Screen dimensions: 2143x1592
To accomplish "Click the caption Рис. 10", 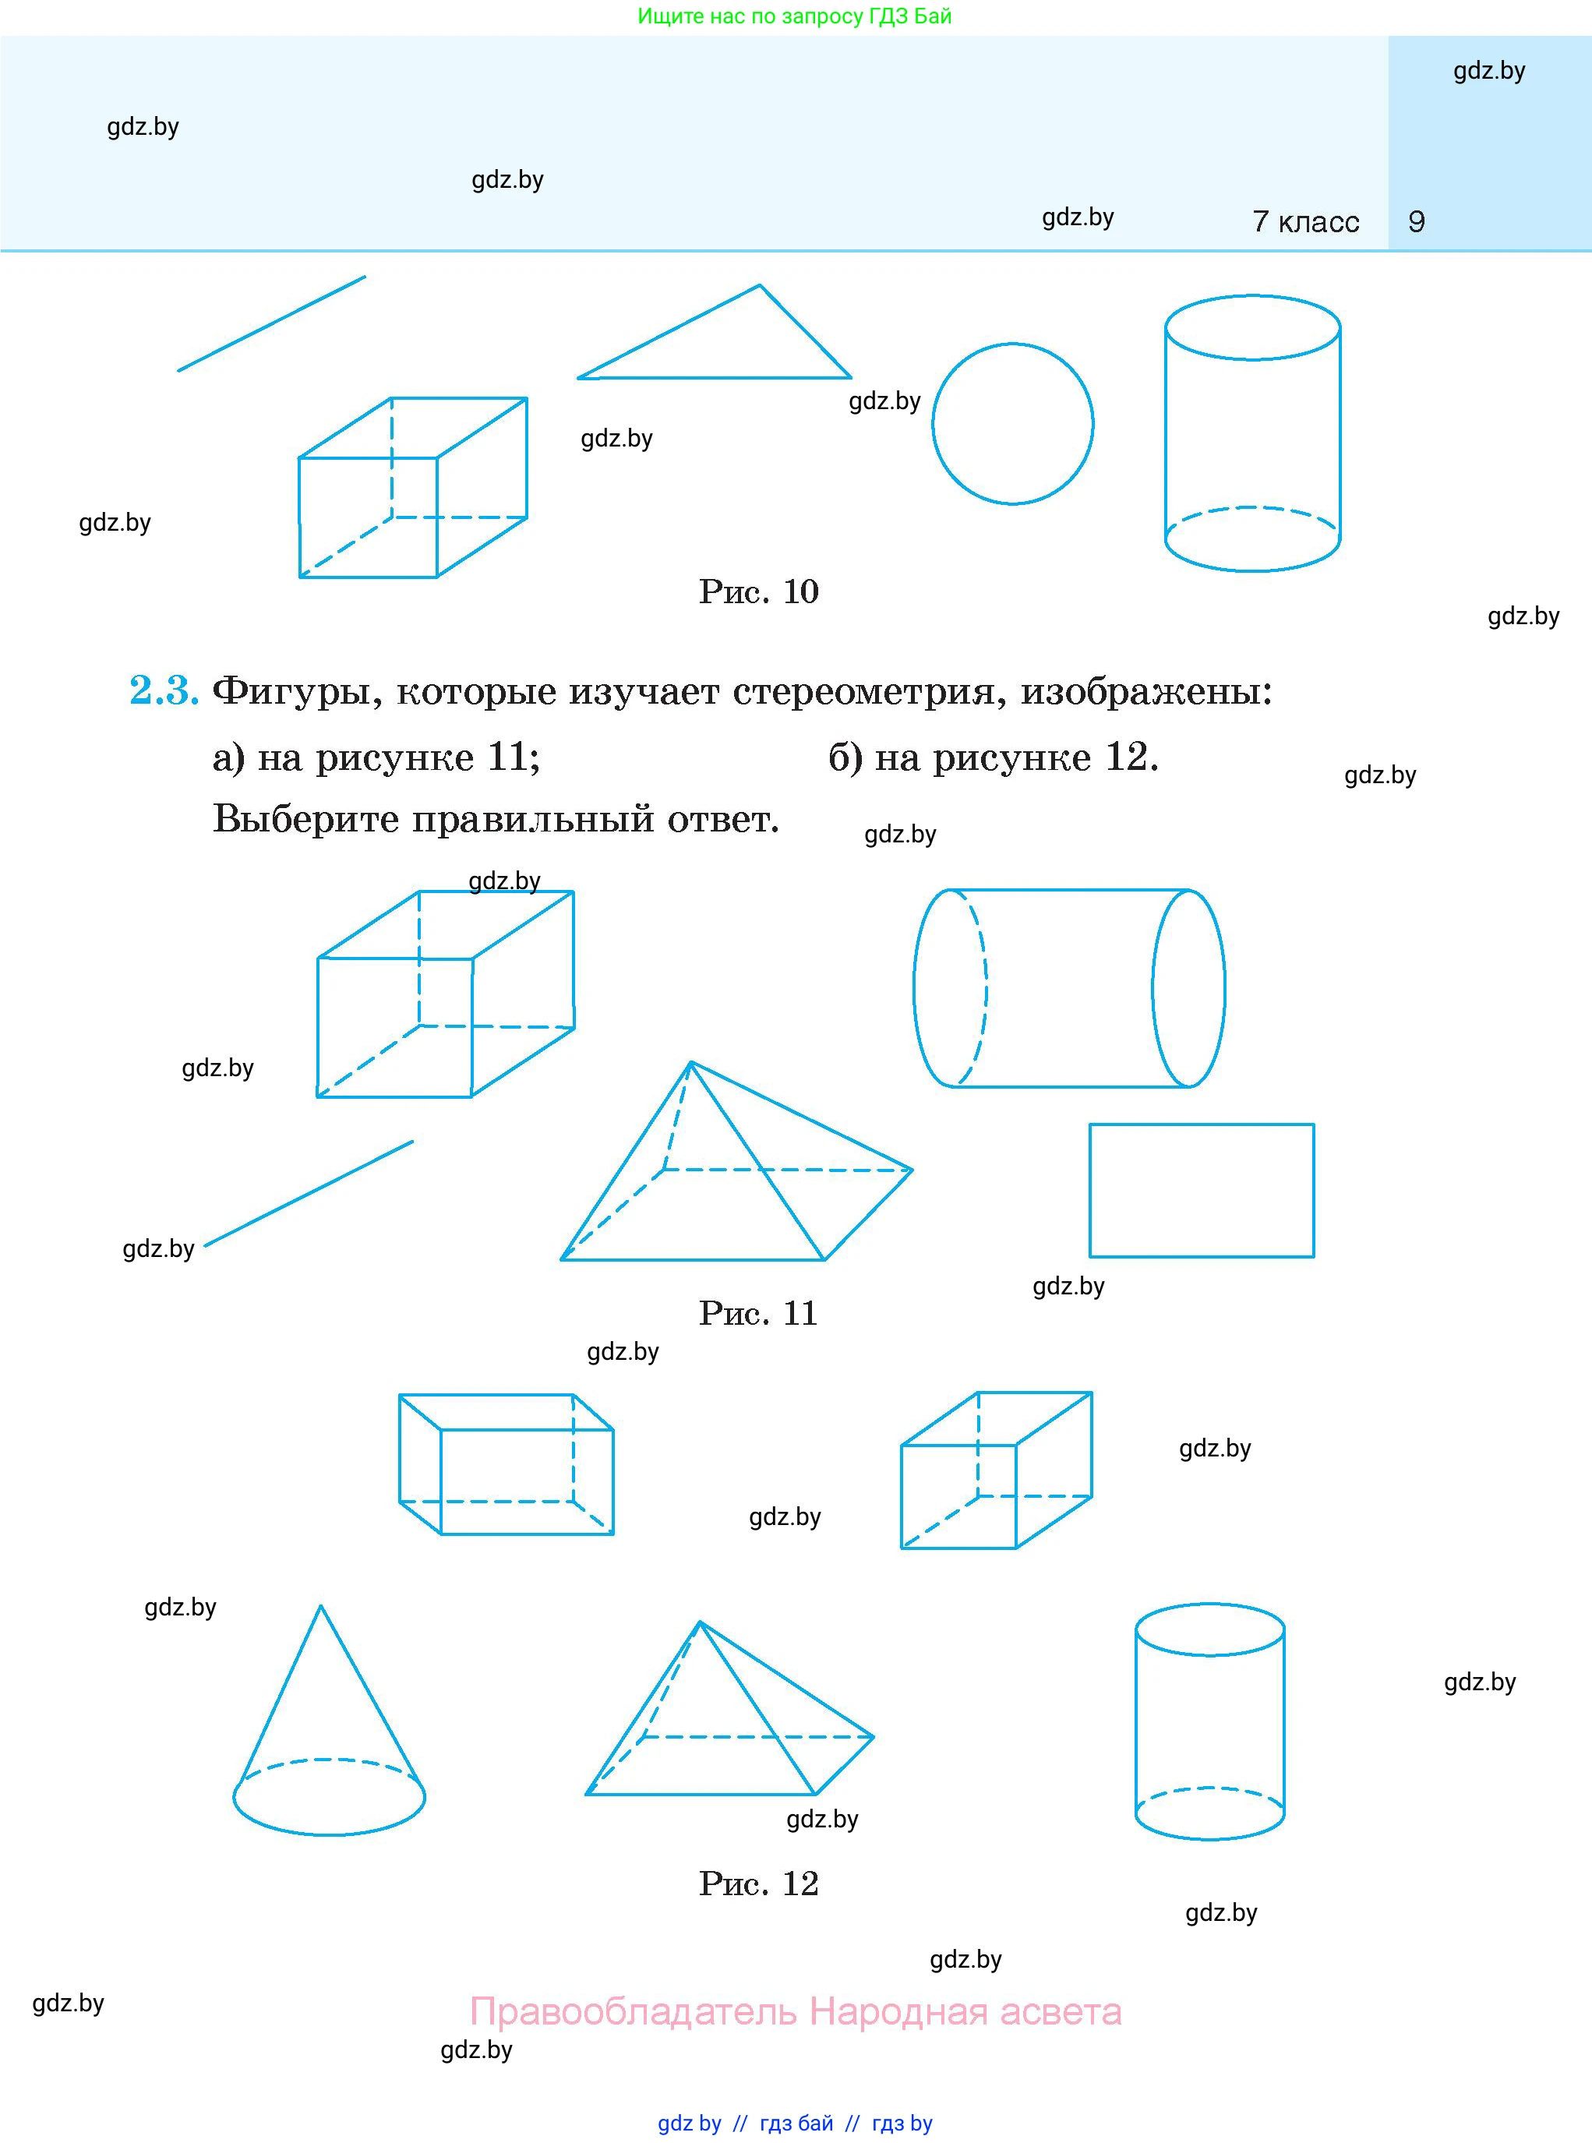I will click(758, 591).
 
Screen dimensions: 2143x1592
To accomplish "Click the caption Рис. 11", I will click(757, 1313).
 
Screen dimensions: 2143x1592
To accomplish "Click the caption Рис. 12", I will click(758, 1884).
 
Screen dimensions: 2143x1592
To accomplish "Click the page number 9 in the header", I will click(1416, 221).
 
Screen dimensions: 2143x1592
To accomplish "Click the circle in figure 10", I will click(1013, 423).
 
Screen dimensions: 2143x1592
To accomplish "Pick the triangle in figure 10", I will click(732, 347).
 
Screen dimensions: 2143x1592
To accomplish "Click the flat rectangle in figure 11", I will click(1202, 1190).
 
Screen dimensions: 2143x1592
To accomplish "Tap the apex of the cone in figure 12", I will click(321, 1606).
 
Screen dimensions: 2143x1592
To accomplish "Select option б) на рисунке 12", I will click(993, 758).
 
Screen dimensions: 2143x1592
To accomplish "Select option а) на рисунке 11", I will click(376, 758).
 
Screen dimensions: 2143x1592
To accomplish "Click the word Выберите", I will click(305, 820).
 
